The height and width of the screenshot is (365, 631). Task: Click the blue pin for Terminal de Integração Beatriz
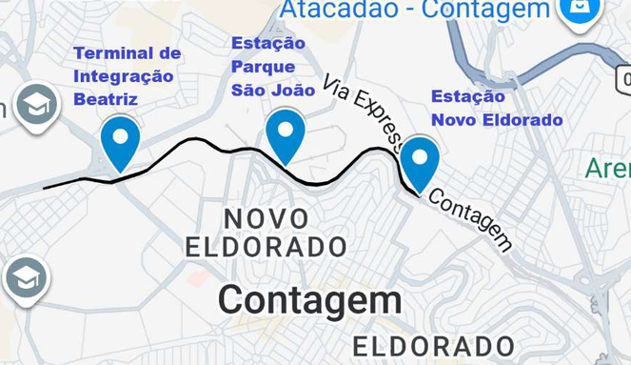[120, 140]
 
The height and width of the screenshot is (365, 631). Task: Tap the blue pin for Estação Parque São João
[285, 134]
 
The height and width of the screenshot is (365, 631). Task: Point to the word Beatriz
[106, 99]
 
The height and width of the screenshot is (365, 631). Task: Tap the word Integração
[124, 76]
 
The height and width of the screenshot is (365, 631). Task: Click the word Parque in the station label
[263, 68]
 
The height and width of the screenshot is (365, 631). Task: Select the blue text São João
[273, 91]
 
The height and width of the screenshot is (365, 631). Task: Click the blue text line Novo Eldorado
[497, 120]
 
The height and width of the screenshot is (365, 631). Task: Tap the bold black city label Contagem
[309, 301]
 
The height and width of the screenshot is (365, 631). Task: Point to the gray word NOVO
[266, 219]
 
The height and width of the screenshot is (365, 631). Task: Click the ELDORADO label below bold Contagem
[434, 346]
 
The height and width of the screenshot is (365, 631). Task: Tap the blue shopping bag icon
[580, 10]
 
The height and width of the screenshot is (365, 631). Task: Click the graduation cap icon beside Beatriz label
[36, 105]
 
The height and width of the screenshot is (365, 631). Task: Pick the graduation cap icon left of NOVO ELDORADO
[26, 279]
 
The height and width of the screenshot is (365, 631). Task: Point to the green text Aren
[608, 169]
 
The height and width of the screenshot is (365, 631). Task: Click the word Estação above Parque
[268, 44]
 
